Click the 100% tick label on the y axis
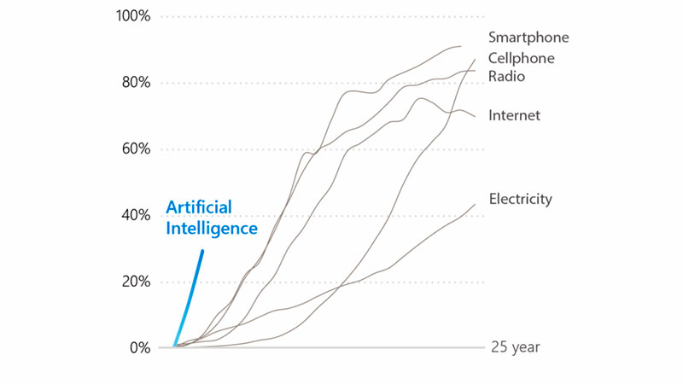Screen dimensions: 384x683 [x=131, y=16]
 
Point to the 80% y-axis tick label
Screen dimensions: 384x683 [x=135, y=83]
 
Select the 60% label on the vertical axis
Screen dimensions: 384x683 [x=135, y=149]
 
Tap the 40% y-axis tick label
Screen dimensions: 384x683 [x=135, y=215]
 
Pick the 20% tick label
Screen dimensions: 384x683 [x=135, y=282]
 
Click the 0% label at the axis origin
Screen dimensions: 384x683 [x=139, y=348]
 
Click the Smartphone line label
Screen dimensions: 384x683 [x=528, y=38]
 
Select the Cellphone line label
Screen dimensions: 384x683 [x=522, y=58]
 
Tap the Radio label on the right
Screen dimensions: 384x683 [x=507, y=77]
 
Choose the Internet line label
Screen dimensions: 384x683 [x=514, y=115]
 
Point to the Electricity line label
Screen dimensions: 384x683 [x=521, y=199]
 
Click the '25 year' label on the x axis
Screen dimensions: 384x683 [x=515, y=348]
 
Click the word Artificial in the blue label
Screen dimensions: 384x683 [x=199, y=207]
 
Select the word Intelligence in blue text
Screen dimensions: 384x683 [x=211, y=229]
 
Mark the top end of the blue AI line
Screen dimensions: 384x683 [x=202, y=251]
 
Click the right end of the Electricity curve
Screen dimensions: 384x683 [x=475, y=205]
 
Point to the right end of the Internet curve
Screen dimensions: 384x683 [x=475, y=116]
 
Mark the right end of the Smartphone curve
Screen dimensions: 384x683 [x=460, y=46]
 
